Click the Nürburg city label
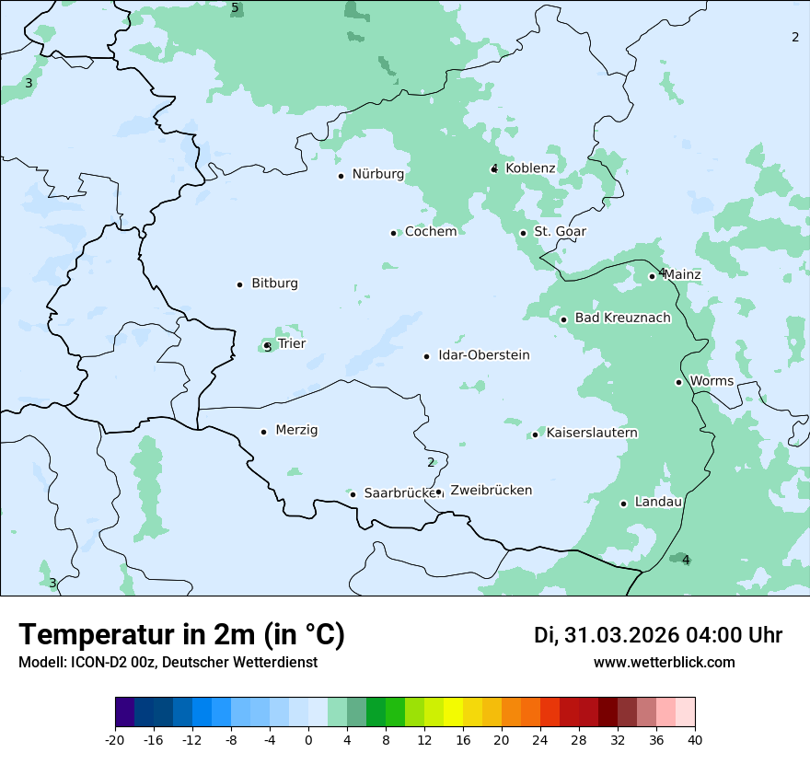pyautogui.click(x=377, y=174)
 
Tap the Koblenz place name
pyautogui.click(x=530, y=168)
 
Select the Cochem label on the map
pyautogui.click(x=430, y=232)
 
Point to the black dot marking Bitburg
pyautogui.click(x=239, y=284)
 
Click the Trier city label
pyautogui.click(x=292, y=344)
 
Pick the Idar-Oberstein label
pyautogui.click(x=483, y=355)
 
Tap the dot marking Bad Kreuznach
pyautogui.click(x=563, y=319)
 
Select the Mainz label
pyautogui.click(x=682, y=275)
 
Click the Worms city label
pyautogui.click(x=712, y=381)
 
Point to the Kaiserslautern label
pyautogui.click(x=592, y=433)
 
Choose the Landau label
pyautogui.click(x=658, y=503)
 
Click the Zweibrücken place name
pyautogui.click(x=491, y=491)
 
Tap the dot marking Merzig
pyautogui.click(x=263, y=432)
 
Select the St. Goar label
pyautogui.click(x=560, y=232)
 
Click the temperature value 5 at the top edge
pyautogui.click(x=235, y=8)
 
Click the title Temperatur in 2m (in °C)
pyautogui.click(x=181, y=634)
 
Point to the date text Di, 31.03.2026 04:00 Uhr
pyautogui.click(x=658, y=635)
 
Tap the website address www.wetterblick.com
pyautogui.click(x=664, y=662)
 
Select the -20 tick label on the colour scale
pyautogui.click(x=115, y=739)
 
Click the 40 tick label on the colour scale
pyautogui.click(x=695, y=739)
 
